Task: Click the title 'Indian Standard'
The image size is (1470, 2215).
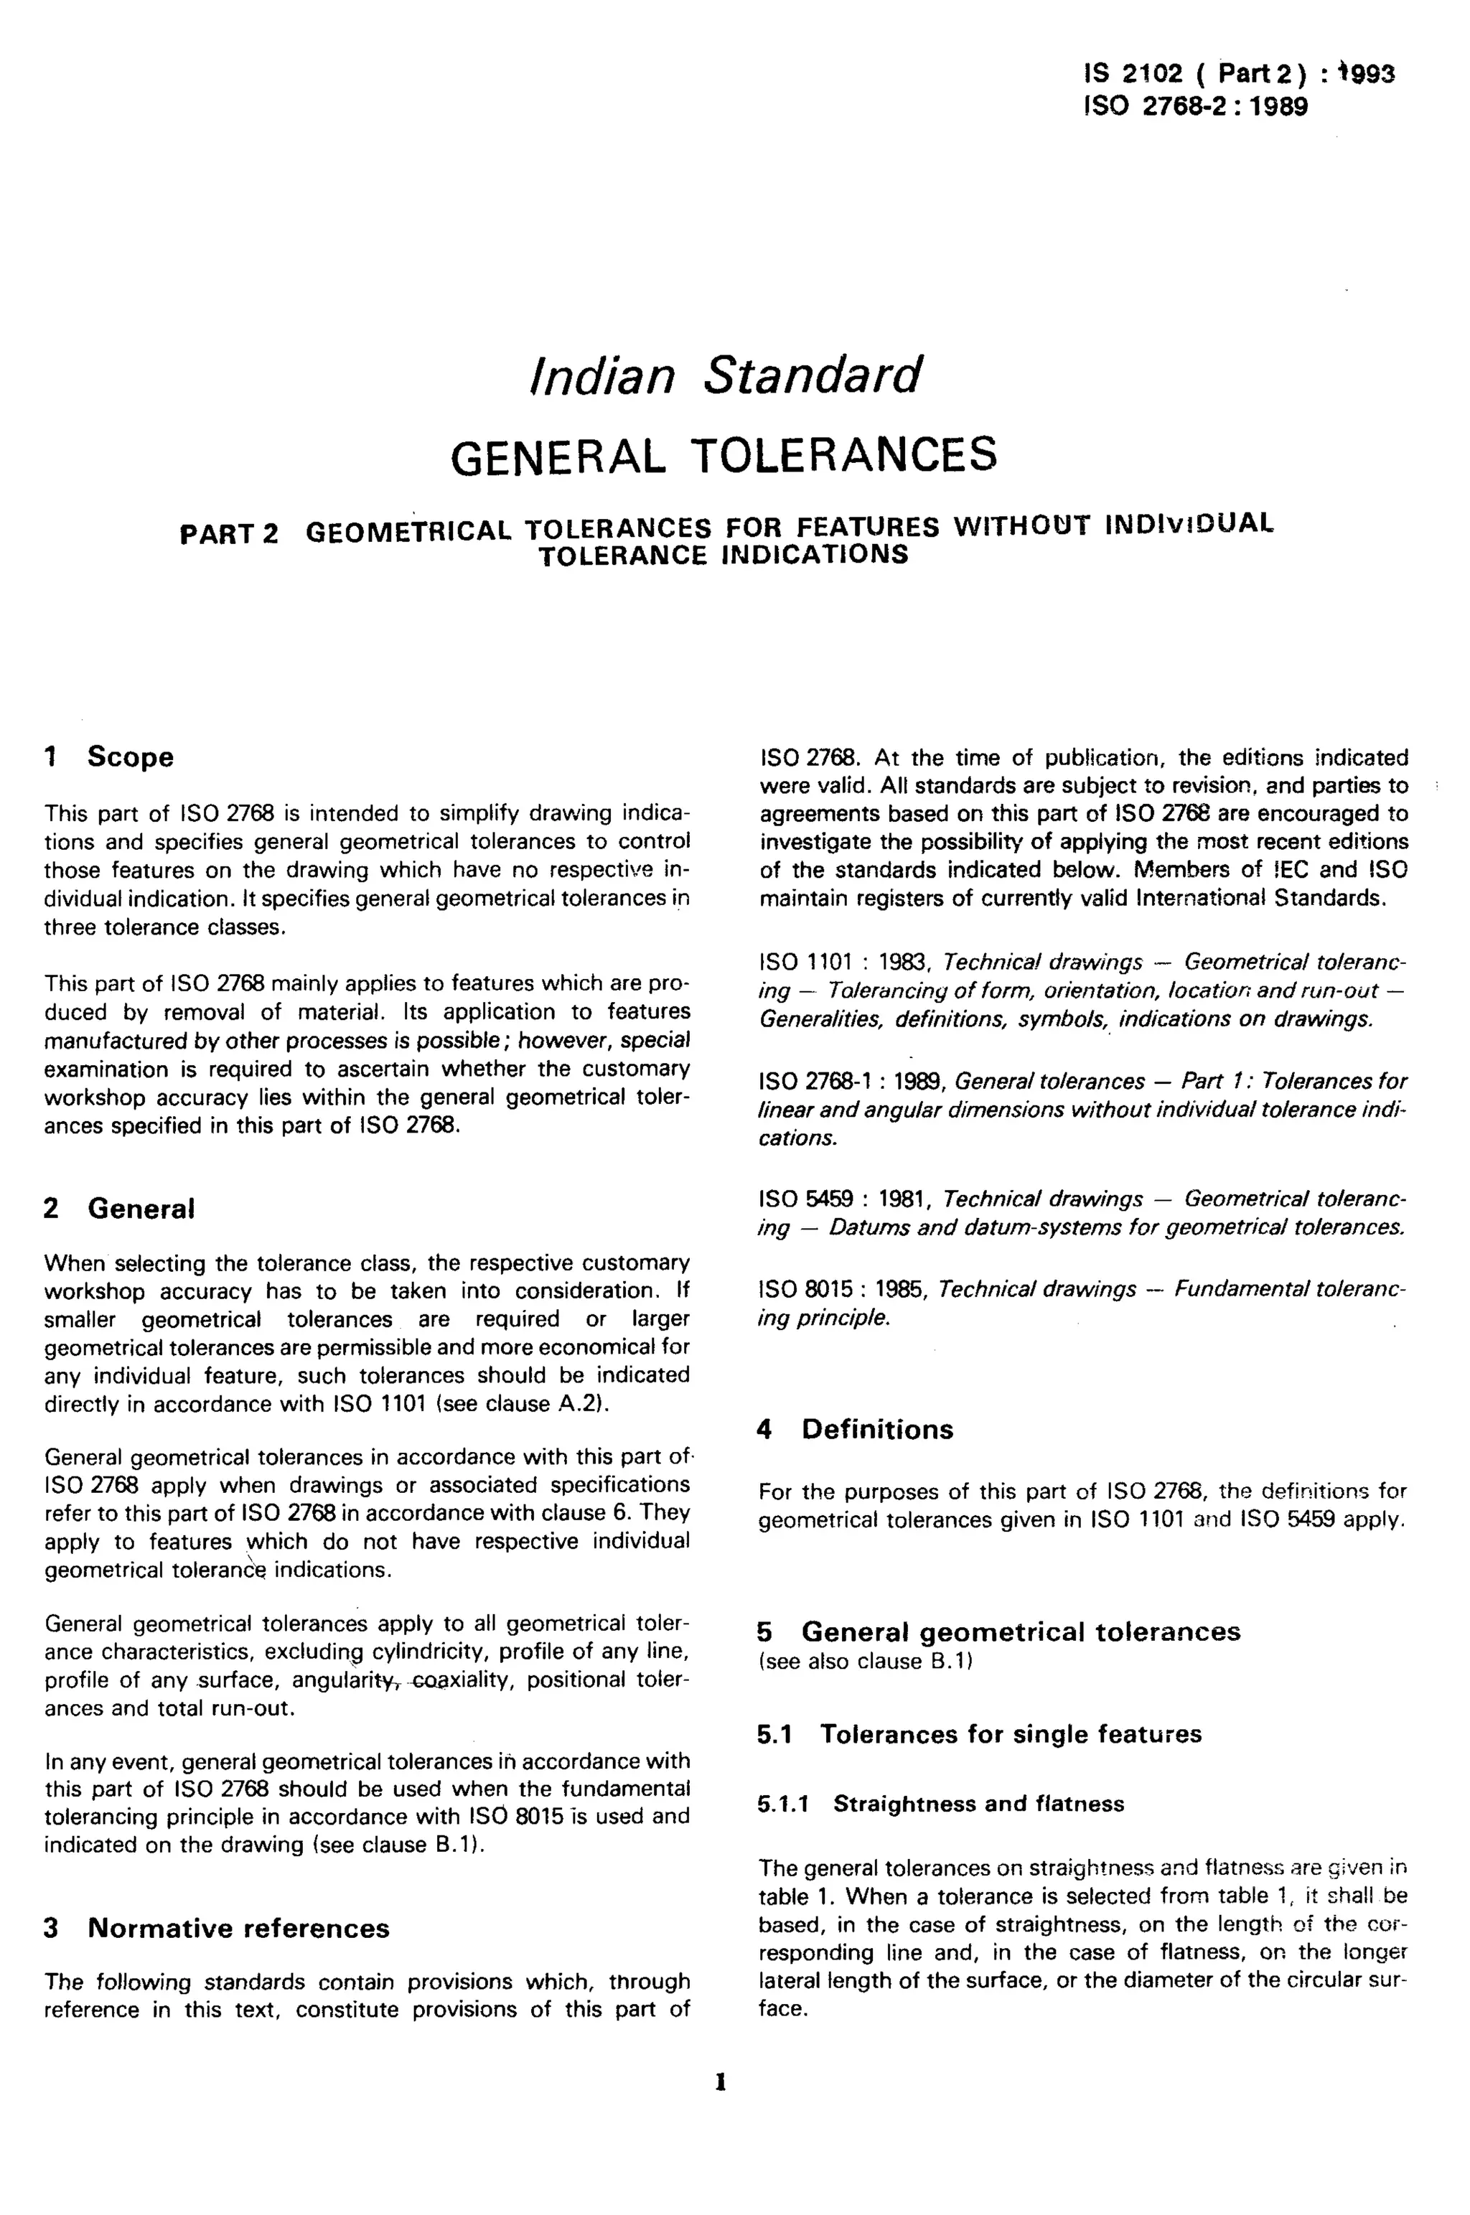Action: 726,376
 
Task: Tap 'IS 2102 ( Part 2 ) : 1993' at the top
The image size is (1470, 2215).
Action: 1238,73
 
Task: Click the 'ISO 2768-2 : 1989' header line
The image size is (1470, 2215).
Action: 1195,106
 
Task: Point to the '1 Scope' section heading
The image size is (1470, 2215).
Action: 109,757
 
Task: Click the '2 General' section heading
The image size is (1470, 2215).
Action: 119,1208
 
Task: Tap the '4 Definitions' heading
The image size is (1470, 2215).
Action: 854,1430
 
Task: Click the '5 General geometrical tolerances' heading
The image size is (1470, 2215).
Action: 998,1632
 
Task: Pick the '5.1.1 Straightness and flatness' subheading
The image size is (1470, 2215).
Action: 940,1804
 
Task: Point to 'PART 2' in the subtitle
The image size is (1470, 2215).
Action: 229,534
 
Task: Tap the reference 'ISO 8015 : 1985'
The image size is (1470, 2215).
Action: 841,1290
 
